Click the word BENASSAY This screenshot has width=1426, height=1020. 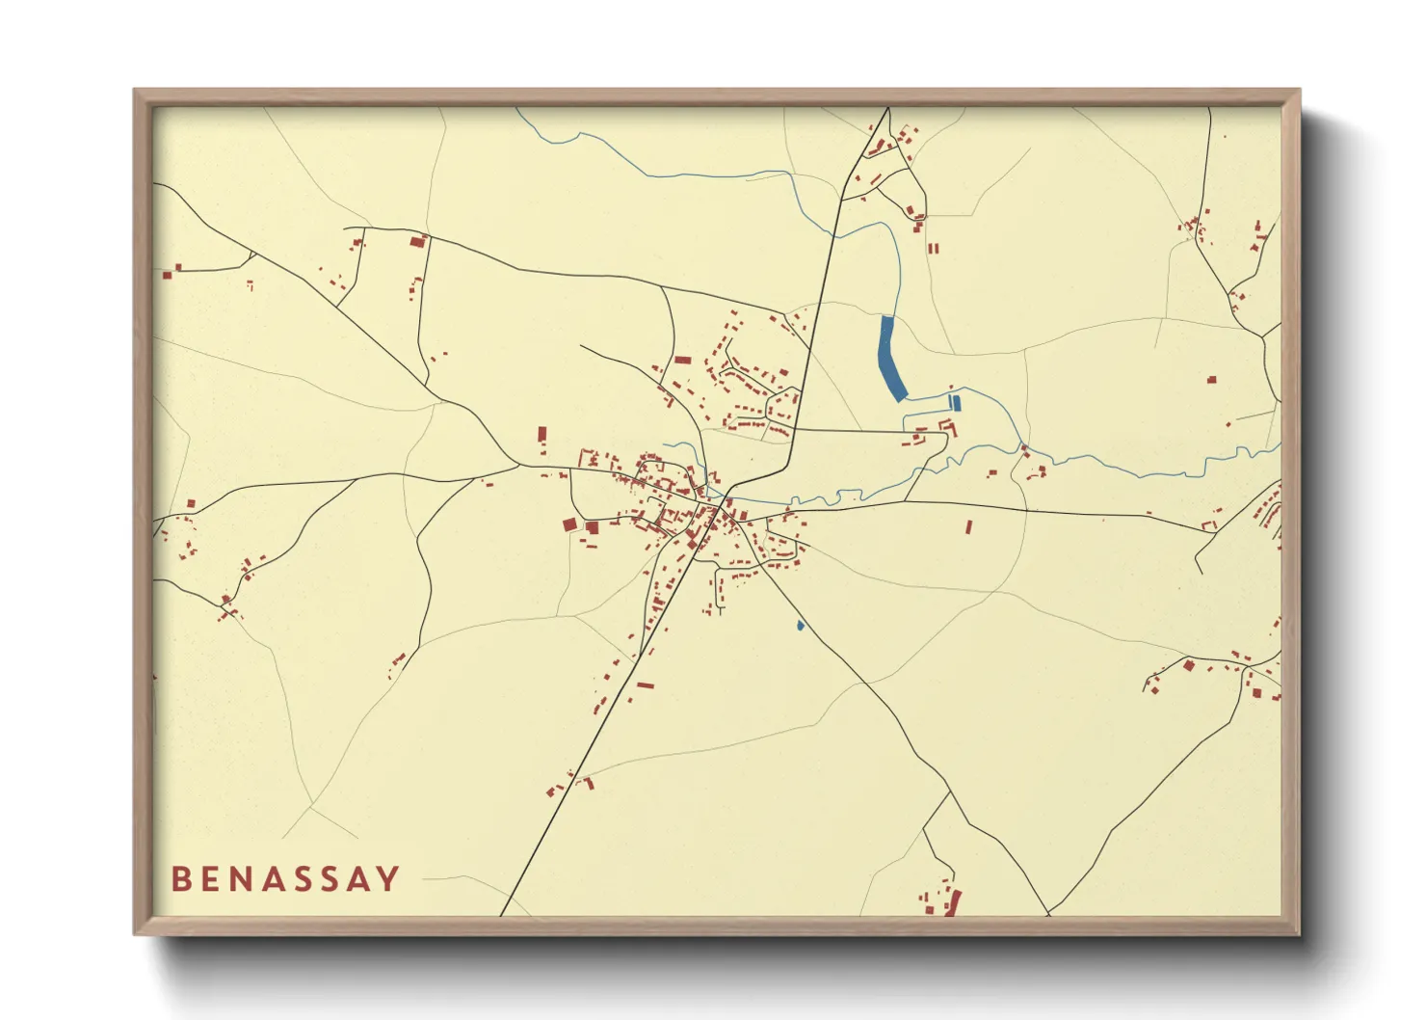285,878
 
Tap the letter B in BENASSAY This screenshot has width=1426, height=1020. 180,878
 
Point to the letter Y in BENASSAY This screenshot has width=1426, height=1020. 388,878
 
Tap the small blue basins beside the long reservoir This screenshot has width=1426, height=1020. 955,402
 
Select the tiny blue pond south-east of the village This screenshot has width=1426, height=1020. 800,626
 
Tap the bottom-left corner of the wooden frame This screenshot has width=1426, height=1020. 136,933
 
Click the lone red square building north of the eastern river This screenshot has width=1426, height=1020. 1211,380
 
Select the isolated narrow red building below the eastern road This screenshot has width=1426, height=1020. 968,527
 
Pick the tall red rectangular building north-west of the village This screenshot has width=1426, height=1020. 541,434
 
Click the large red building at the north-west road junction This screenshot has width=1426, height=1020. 418,241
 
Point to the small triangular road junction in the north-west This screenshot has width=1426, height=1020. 249,258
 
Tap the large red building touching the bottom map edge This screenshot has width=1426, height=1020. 955,903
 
